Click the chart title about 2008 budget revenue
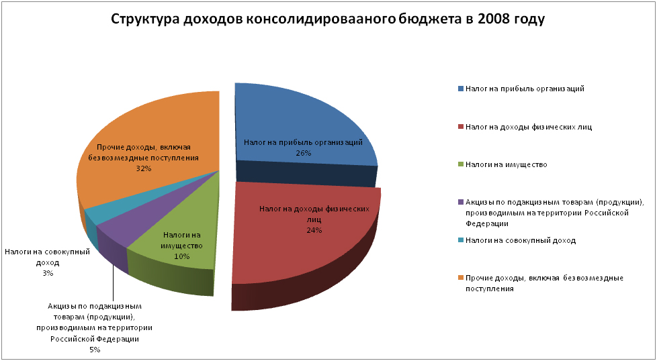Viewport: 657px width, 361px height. point(327,19)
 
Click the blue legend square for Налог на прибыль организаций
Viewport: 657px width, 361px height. point(460,89)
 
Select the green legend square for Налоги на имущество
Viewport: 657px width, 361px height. point(460,164)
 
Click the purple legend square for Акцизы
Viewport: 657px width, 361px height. point(460,202)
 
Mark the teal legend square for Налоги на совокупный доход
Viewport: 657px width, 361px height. point(460,240)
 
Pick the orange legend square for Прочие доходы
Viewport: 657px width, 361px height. point(460,278)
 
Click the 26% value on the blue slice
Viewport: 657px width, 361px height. point(302,153)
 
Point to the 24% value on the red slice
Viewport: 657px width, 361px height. point(314,230)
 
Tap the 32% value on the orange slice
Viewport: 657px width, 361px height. point(143,169)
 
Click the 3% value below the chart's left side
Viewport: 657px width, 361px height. point(47,273)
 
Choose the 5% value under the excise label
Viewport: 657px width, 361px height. point(94,350)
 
